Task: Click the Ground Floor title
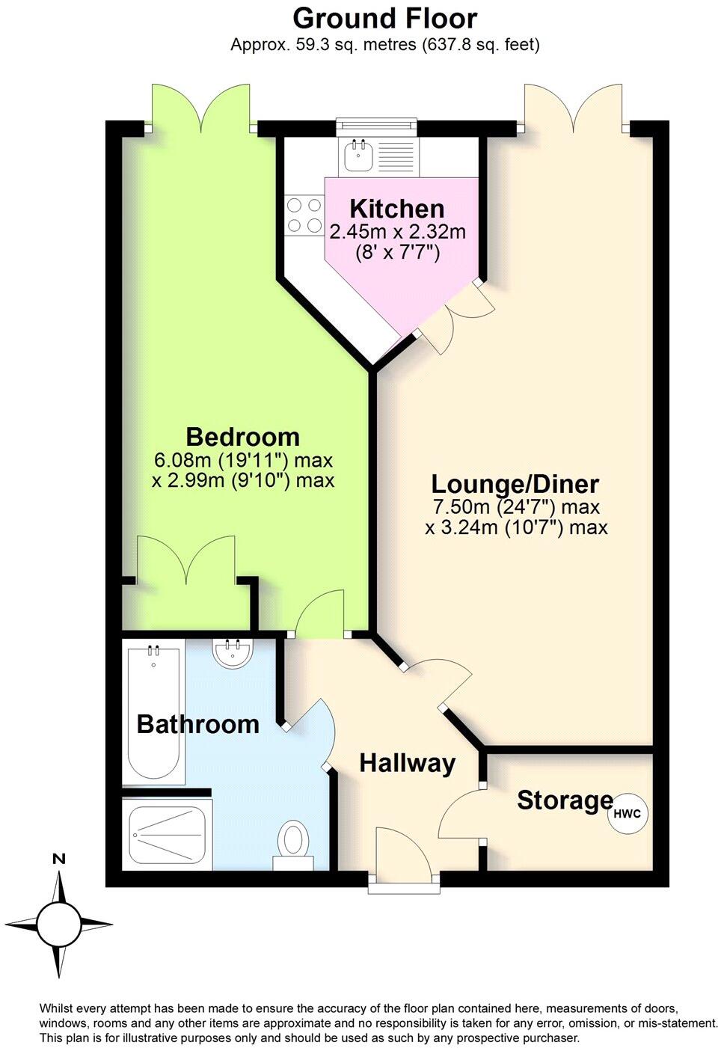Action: point(384,18)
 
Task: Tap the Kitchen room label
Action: point(396,209)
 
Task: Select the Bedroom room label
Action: point(242,436)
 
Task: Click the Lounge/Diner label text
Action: point(515,483)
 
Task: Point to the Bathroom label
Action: point(197,724)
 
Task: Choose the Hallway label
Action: point(407,763)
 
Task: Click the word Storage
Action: point(565,800)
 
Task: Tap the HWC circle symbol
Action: point(627,814)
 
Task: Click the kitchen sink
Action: point(358,156)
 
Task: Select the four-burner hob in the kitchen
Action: point(304,214)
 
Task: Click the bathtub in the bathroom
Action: point(155,714)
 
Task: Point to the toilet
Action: point(292,842)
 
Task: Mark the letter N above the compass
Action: point(58,859)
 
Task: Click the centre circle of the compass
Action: point(58,925)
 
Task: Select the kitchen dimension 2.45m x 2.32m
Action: point(398,232)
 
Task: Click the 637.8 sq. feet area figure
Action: point(479,45)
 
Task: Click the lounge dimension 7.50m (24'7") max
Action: point(516,507)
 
